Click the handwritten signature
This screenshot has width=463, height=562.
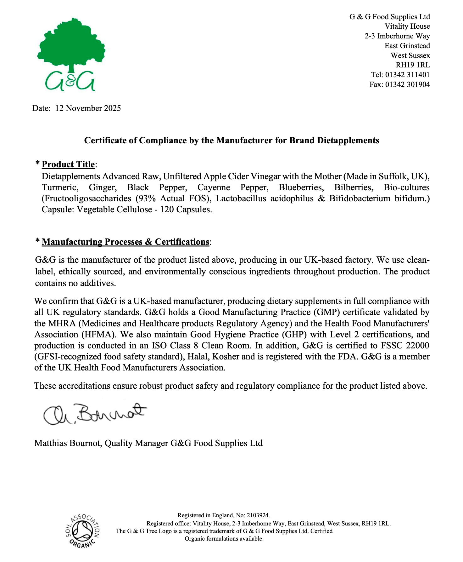94,413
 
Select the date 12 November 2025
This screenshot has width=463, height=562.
88,108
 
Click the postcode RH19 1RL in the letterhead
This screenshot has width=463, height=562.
413,65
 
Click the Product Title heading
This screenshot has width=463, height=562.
68,164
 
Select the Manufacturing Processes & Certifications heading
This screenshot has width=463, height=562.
125,242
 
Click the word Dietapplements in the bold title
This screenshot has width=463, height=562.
348,140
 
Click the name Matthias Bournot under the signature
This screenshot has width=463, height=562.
68,443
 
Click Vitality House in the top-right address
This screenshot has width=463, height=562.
407,26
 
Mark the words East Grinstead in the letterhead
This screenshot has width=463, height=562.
407,46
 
